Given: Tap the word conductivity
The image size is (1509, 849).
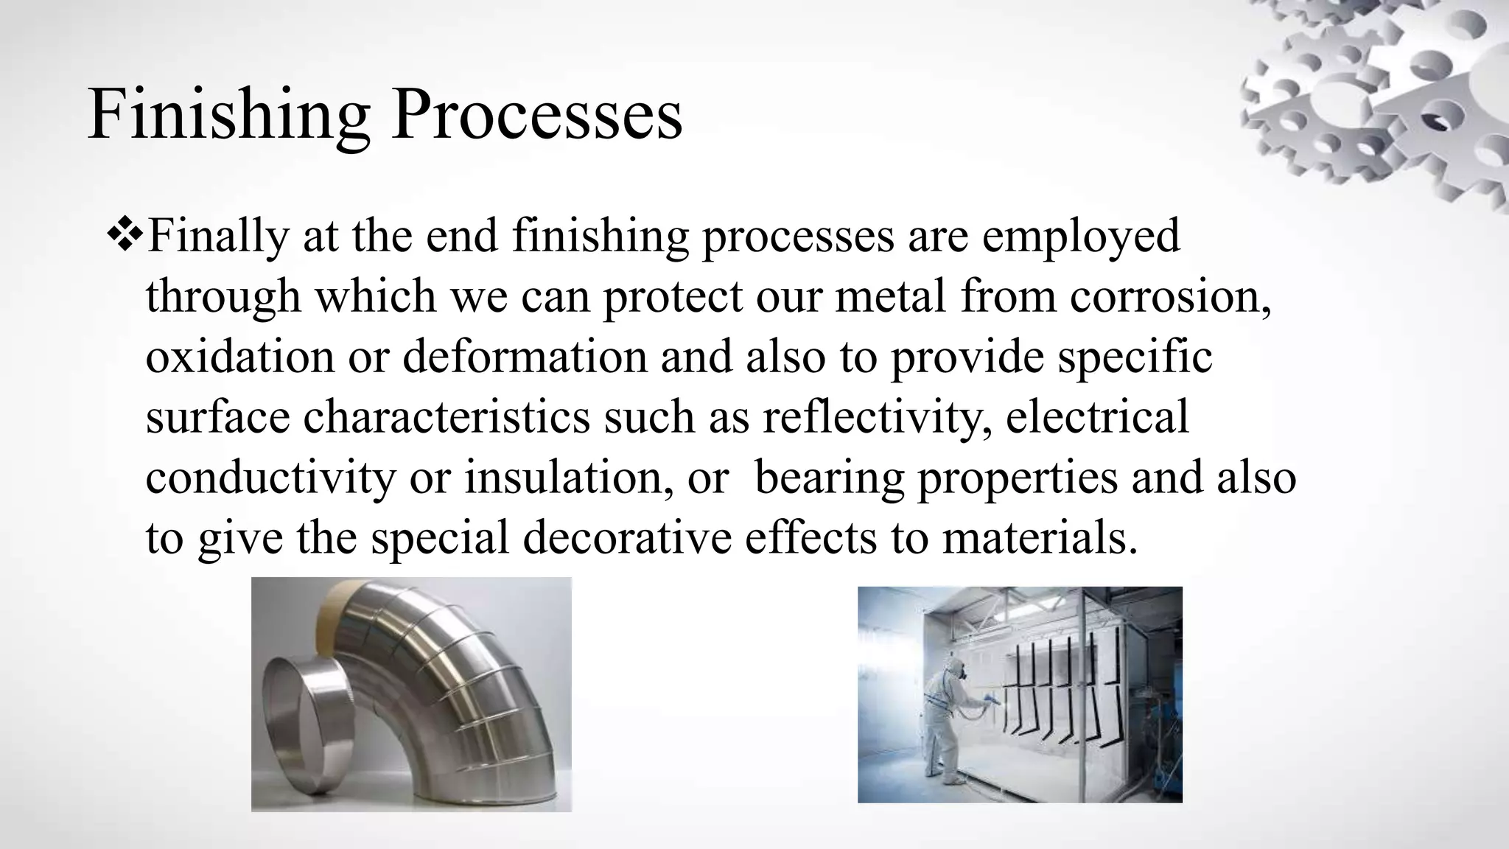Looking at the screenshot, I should pyautogui.click(x=270, y=478).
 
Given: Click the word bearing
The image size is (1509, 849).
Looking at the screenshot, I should pyautogui.click(x=829, y=478).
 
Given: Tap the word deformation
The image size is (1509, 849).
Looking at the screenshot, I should pyautogui.click(x=525, y=357).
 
